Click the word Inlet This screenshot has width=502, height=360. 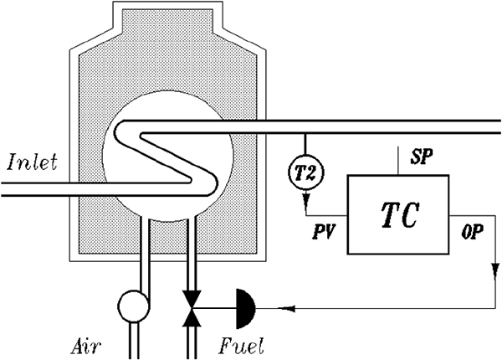point(33,162)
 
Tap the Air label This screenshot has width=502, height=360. point(86,347)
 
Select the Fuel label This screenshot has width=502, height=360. point(242,346)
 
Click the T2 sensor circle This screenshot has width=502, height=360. point(305,173)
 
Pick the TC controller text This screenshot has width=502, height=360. point(400,215)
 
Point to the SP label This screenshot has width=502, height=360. point(422,157)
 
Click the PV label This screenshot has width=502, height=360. point(323,233)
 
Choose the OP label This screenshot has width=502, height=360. point(472,232)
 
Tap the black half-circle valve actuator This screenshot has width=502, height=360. point(245,309)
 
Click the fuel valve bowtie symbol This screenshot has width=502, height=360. point(192,308)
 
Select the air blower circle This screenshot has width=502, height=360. point(133,306)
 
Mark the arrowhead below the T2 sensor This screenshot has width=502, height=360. point(306,198)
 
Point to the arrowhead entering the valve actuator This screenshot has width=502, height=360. point(287,309)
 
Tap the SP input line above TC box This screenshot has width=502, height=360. point(398,161)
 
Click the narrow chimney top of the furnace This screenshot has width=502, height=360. point(167,17)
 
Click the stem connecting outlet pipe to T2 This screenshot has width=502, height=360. point(305,145)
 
